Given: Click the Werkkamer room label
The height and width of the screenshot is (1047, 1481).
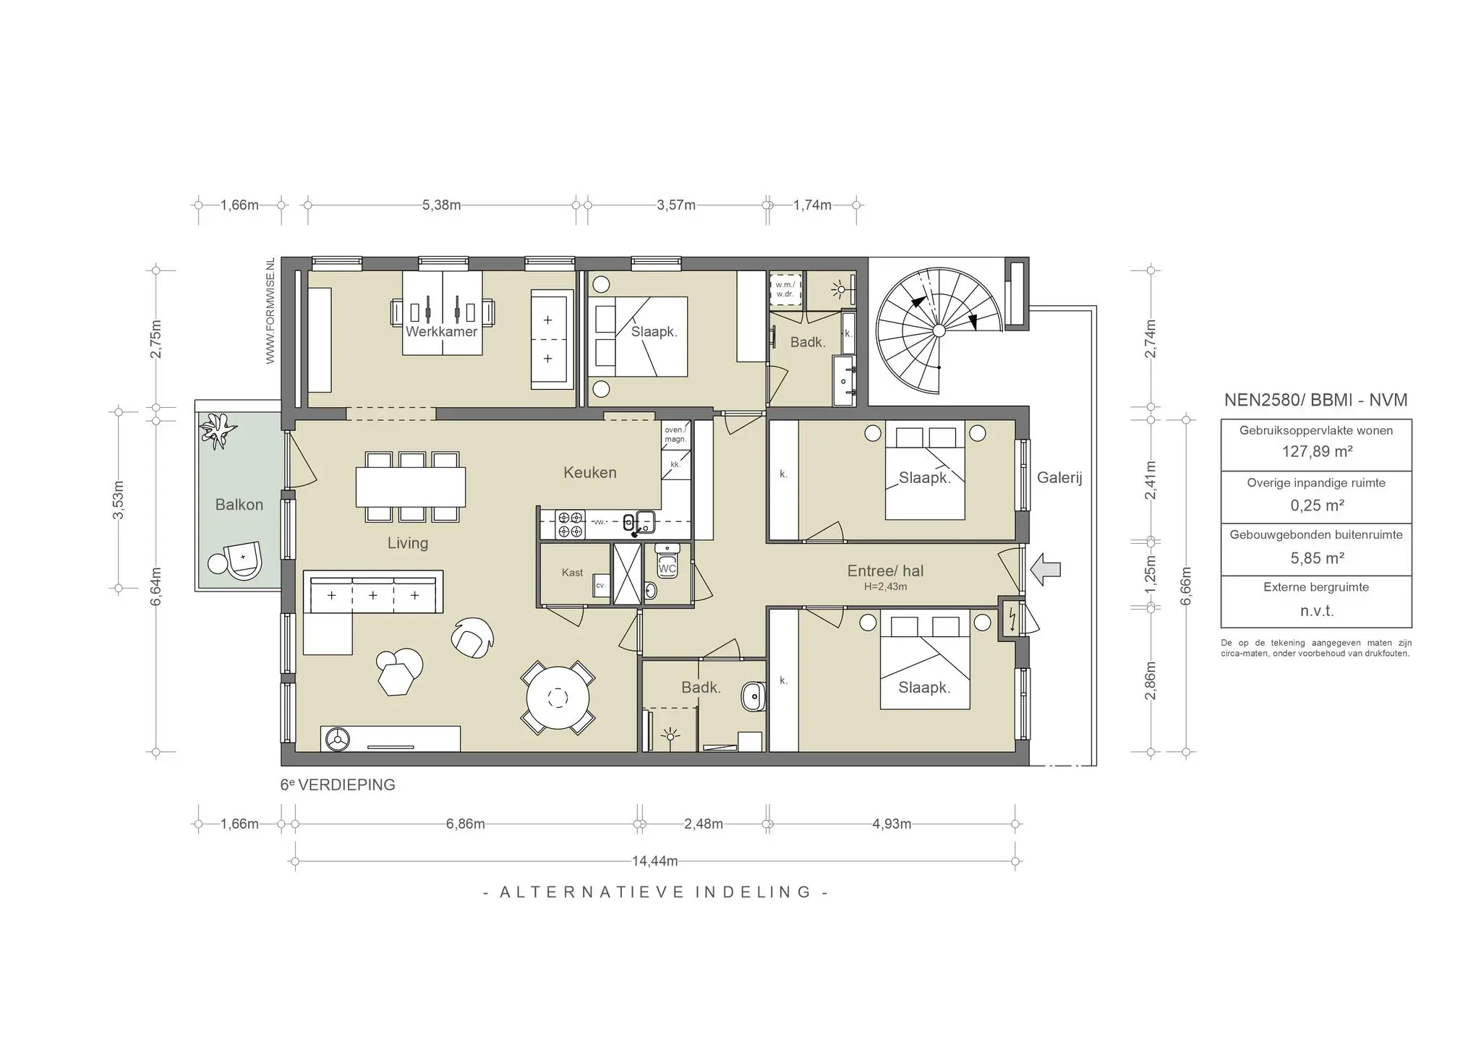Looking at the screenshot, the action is click(441, 332).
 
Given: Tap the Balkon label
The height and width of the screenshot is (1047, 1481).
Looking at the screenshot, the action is click(239, 505).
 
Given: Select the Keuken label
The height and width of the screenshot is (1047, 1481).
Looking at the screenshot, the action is click(590, 472).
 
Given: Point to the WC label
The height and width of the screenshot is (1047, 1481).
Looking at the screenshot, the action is click(667, 568).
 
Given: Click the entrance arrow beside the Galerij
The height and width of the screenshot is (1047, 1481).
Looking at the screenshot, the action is click(1046, 569).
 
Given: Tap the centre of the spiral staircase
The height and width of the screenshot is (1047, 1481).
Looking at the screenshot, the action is click(939, 330).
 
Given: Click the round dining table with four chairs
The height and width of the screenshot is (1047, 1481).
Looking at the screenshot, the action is click(558, 698).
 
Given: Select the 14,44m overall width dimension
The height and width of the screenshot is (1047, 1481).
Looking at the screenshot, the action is click(655, 861).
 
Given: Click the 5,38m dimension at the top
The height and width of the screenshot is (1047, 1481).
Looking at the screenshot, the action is click(442, 205).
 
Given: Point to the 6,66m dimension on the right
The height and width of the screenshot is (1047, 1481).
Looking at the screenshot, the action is click(1186, 586).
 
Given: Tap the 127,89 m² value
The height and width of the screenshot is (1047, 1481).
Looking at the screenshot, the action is click(1316, 452).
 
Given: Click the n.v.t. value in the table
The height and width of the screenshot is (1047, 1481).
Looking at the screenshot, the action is click(1316, 611).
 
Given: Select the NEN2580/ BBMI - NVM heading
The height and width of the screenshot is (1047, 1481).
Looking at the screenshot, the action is click(1316, 400).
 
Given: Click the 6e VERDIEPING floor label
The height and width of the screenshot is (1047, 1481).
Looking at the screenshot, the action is click(338, 785).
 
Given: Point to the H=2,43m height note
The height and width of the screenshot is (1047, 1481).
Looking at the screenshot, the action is click(885, 586).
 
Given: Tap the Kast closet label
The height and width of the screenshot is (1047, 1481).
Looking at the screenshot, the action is click(572, 573).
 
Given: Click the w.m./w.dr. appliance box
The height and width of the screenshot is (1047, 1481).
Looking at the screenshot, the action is click(785, 289).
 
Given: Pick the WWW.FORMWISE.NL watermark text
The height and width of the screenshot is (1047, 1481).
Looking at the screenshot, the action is click(270, 311).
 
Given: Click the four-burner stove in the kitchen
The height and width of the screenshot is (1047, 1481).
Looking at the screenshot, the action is click(570, 524).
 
